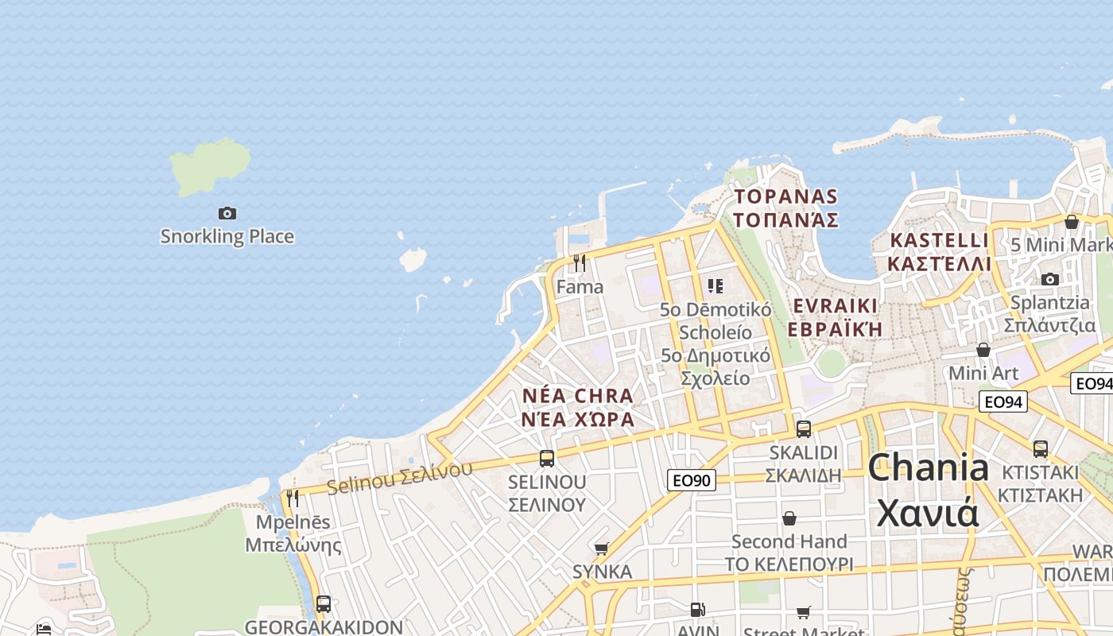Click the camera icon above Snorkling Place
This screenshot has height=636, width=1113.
tap(227, 213)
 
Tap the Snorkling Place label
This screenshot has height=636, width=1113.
tap(227, 236)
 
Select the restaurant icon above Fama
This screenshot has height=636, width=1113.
tap(580, 262)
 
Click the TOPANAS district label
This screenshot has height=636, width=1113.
tap(786, 207)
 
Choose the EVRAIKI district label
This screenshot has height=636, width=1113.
tap(836, 316)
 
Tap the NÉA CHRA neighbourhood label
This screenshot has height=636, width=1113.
tap(578, 407)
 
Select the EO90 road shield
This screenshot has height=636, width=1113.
tap(691, 480)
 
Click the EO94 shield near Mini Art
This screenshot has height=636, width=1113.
tap(1002, 401)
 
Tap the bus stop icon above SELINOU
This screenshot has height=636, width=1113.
tap(547, 459)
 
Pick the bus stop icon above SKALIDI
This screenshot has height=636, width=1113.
tap(804, 429)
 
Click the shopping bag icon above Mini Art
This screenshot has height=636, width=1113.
tap(983, 350)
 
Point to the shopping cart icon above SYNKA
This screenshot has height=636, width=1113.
tap(602, 549)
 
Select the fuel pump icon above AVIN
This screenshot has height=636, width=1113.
tap(698, 610)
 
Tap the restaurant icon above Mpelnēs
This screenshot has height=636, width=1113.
tap(293, 498)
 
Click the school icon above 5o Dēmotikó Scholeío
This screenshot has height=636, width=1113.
tap(715, 285)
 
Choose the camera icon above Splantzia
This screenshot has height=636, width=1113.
tap(1050, 279)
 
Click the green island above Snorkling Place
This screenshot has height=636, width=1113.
tap(209, 165)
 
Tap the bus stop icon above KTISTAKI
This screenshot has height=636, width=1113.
tap(1041, 448)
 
